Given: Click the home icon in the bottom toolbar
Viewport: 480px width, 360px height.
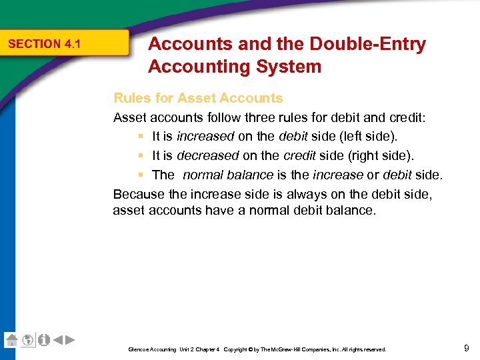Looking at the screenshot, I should tap(11, 340).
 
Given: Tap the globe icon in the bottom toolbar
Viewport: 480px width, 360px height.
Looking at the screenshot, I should tap(27, 340).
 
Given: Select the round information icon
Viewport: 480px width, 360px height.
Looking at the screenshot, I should tap(43, 340).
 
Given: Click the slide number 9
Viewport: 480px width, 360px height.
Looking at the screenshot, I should tap(466, 347).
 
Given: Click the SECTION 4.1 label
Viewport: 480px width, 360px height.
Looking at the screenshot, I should tap(43, 44).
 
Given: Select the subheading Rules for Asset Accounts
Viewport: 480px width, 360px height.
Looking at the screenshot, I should tap(198, 98).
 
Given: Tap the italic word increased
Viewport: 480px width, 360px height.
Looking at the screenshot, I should tap(205, 137).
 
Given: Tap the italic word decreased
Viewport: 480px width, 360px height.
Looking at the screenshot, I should tap(207, 156).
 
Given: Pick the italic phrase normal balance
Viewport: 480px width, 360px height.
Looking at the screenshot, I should tap(227, 175).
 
